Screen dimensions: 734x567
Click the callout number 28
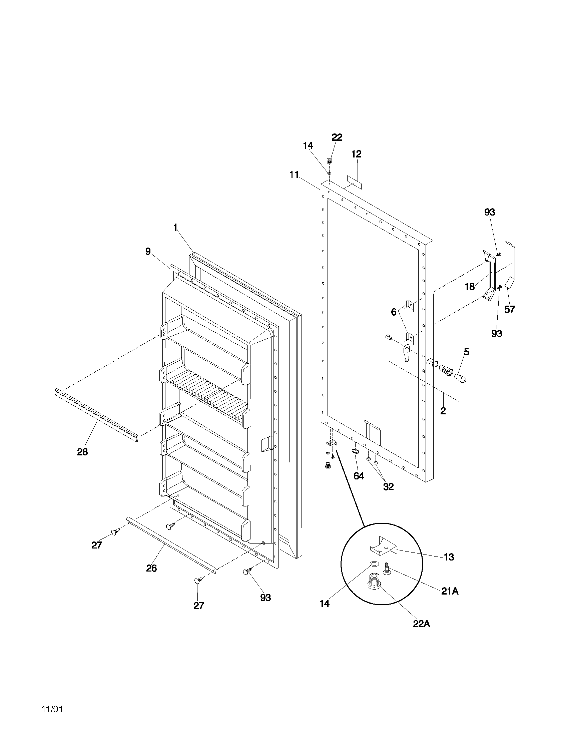point(82,452)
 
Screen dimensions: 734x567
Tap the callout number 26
point(151,568)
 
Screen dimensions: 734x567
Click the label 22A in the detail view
point(422,624)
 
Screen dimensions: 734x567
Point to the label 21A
point(450,591)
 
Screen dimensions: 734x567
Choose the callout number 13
point(449,557)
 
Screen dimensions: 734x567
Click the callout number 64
point(359,476)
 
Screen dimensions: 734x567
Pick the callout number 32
point(388,487)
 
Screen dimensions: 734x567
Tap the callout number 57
point(510,309)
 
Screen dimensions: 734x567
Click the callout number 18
point(470,286)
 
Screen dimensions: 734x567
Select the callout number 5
point(466,352)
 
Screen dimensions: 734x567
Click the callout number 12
point(357,154)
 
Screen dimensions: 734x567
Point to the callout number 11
point(294,175)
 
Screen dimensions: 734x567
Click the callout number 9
point(148,251)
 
